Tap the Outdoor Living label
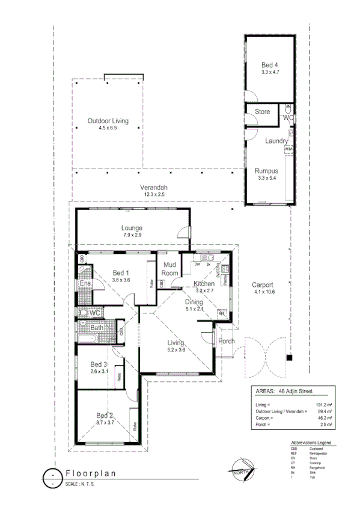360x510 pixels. (108, 121)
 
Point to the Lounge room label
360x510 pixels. (131, 228)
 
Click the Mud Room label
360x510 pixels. (170, 269)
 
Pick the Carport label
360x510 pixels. (262, 285)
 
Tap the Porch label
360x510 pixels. (227, 342)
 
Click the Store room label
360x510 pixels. (262, 112)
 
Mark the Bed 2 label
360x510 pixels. (105, 415)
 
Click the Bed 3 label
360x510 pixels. (99, 364)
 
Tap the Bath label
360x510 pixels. (96, 328)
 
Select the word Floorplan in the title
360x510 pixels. (90, 473)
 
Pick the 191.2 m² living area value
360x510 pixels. (325, 405)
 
